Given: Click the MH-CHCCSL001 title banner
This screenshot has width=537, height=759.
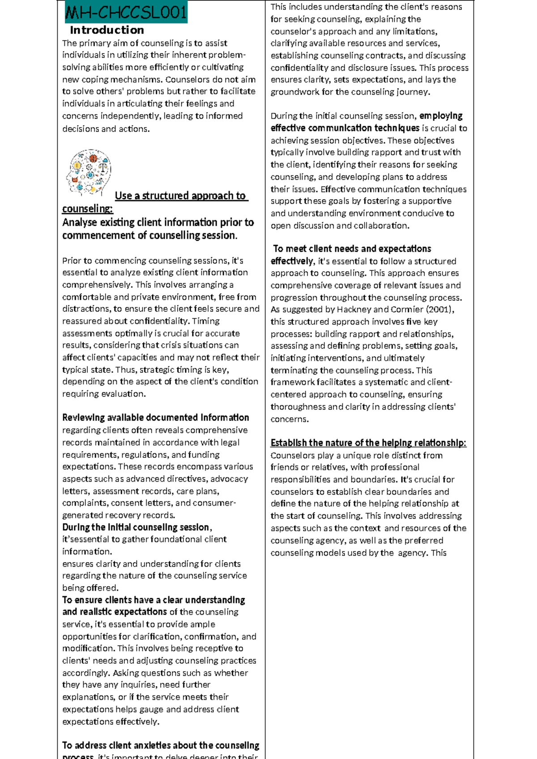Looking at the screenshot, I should point(126,12).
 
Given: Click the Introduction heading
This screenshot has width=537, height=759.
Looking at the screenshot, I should point(107,30).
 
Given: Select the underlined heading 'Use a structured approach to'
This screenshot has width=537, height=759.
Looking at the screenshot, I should point(181,196).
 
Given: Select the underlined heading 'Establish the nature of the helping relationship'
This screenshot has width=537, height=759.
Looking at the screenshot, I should point(368,443).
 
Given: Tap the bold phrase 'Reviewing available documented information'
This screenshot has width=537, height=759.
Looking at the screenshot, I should point(155,418).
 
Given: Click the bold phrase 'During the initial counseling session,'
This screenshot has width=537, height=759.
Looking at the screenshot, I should point(136,527).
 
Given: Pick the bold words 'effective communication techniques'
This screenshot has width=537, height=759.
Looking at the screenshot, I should point(345,128).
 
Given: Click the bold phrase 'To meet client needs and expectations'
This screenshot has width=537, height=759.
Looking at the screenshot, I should point(352,249).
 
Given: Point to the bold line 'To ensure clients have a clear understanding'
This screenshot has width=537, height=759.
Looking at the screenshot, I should point(153,600).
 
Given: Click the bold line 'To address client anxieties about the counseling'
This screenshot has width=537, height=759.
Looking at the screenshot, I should point(161,745).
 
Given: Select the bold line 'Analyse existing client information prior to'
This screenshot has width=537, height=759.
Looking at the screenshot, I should point(158,222).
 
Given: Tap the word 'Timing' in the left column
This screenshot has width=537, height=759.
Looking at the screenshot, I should point(206,321).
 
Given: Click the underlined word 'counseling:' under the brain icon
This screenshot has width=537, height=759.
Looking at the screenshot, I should point(87,209).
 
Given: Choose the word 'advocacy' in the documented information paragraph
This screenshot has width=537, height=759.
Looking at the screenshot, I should point(229,479).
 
